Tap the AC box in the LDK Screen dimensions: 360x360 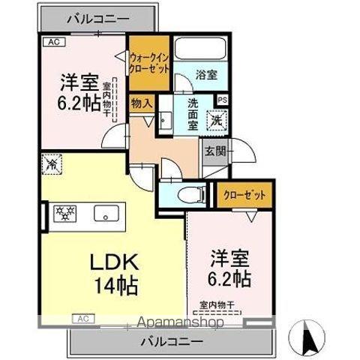[x=83, y=319]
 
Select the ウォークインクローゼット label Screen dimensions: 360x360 [x=150, y=59]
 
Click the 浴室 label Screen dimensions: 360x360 [x=196, y=75]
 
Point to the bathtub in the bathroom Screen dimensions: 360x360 [x=196, y=51]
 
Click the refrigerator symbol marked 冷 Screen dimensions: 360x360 [x=52, y=162]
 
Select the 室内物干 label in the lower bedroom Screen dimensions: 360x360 [x=217, y=304]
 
